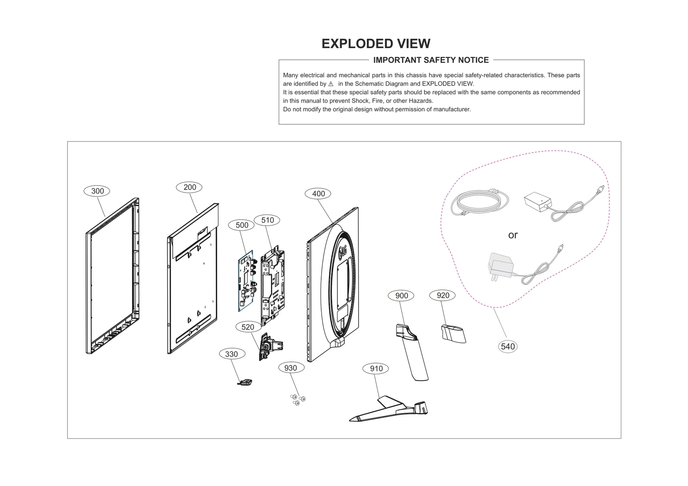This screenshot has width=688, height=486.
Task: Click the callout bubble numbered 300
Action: pos(97,191)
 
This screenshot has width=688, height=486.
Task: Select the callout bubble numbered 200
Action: pos(190,187)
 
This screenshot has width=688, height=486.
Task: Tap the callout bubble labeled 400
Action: pos(318,194)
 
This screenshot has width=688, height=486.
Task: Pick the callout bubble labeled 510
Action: pos(267,220)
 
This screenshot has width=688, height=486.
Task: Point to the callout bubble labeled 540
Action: pos(508,347)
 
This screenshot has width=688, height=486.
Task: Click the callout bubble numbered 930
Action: pos(291,368)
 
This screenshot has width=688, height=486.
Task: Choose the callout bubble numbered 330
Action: pos(231,354)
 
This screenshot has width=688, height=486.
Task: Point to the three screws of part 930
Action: pos(298,399)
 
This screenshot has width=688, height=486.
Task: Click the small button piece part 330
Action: pos(246,382)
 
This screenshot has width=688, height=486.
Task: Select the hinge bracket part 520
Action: pos(270,346)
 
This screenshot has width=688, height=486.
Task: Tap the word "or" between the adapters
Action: pos(513,235)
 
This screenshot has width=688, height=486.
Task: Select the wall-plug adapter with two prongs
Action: pos(500,266)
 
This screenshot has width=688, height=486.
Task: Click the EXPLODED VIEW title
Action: pos(376,44)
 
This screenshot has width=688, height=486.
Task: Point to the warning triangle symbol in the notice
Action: pos(331,84)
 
